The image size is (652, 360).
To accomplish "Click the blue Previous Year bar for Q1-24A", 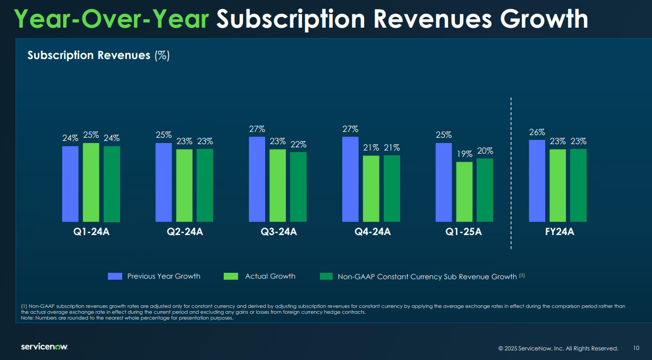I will point(70,183).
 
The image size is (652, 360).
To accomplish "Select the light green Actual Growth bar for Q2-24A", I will point(184,185).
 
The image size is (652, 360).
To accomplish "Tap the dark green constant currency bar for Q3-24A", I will point(298,187).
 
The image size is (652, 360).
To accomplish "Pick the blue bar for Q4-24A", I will point(350,179).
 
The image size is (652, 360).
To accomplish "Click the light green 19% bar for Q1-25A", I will point(464,191).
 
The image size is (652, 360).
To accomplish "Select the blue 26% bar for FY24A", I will point(537,181).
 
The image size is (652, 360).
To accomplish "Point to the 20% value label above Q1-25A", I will point(485,151).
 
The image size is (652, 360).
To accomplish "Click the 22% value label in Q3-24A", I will point(298,145).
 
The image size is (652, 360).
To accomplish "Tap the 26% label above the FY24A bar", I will point(537,132).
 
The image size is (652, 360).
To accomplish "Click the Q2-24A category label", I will point(185,232).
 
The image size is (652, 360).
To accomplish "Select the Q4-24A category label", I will point(372,232).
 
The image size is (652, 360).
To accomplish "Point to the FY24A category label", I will point(560,232).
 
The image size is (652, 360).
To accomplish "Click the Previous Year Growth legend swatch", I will point(115,276).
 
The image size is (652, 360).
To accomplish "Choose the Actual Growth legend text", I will point(270,276).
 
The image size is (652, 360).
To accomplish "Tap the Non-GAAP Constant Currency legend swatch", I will point(326,276).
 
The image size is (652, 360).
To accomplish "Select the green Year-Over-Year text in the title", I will point(112,19).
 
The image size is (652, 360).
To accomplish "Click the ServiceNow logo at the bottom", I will point(44,347).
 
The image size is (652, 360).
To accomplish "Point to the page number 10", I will point(637,348).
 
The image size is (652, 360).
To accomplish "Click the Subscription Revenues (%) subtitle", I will point(98,55).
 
